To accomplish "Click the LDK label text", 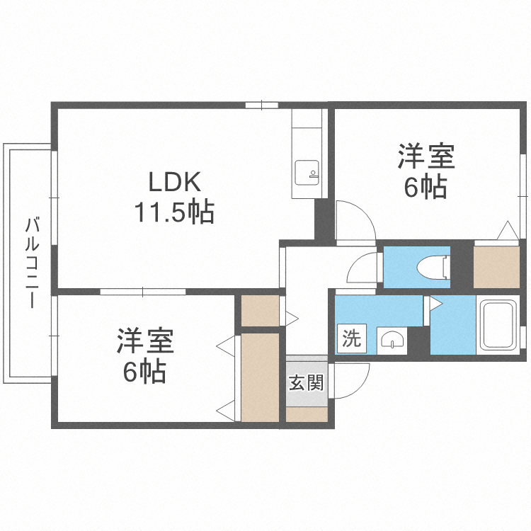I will tap(175, 183).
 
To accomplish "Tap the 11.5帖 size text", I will tap(174, 212).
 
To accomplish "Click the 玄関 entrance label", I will tap(306, 383).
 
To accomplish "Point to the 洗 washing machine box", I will tap(351, 338).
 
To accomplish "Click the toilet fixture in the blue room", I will tap(430, 267).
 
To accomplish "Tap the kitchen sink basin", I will tap(307, 172).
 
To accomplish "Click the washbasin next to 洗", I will tap(391, 341).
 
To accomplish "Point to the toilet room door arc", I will tap(365, 269).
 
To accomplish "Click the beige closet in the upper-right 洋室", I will tap(497, 267).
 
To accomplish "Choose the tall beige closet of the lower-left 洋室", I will tap(260, 377).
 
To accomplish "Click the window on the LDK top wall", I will tap(262, 105).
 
